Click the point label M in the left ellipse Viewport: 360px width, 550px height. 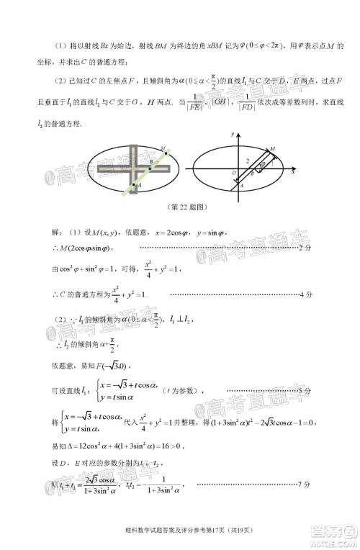(163, 149)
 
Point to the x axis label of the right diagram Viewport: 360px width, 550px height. (293, 173)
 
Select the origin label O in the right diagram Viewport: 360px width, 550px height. (233, 173)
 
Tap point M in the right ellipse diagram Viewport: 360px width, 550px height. (271, 149)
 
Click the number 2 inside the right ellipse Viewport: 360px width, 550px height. (247, 161)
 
